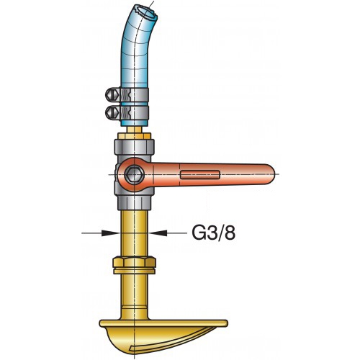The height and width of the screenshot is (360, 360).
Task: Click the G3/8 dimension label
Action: tap(213, 233)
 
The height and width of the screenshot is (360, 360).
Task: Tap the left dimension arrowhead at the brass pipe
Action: tap(111, 233)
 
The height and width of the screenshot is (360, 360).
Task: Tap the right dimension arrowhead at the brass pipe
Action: tap(158, 233)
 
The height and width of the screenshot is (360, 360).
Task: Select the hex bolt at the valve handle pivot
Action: tap(135, 174)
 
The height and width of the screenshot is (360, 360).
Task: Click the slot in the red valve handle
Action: tap(200, 174)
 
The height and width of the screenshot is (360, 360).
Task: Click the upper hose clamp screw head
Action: tap(112, 94)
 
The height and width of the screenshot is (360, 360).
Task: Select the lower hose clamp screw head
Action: tap(112, 112)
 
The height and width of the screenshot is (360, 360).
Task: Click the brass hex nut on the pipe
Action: tap(135, 262)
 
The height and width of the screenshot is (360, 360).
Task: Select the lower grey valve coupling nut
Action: tap(135, 202)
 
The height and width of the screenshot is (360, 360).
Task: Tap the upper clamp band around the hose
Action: tap(135, 94)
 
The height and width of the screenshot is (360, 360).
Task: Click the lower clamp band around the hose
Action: tap(135, 113)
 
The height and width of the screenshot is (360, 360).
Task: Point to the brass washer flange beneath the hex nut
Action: tap(135, 271)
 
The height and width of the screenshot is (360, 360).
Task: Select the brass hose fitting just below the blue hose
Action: tap(135, 130)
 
